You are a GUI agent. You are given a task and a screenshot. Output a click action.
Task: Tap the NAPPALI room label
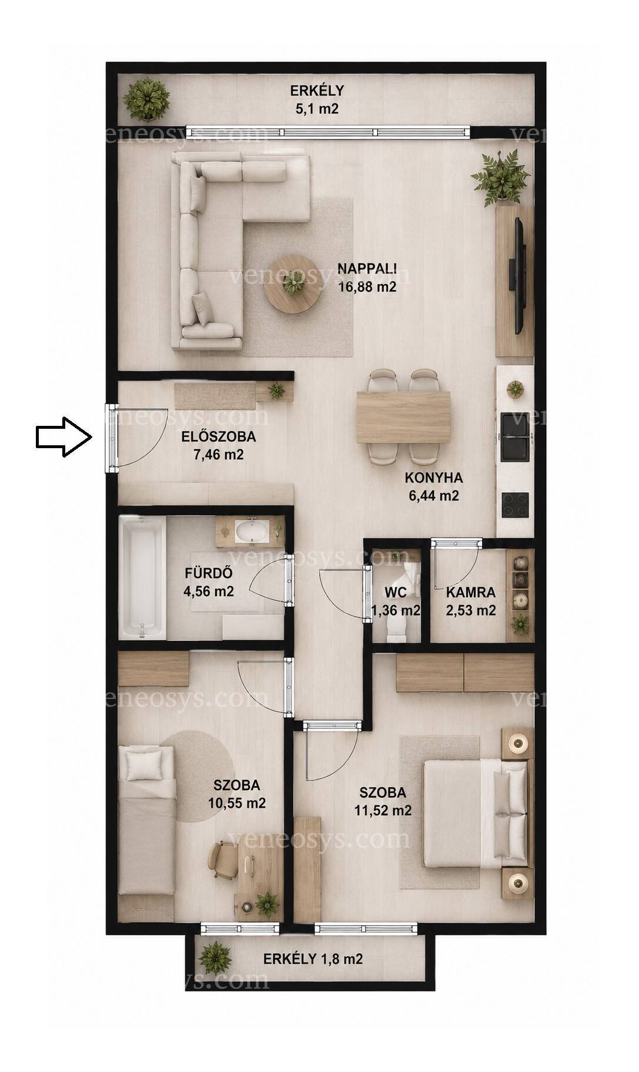coord(367,268)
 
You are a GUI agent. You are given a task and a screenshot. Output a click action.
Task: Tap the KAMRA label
coord(471,593)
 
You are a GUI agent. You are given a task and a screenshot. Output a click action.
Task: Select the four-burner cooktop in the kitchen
coord(515,505)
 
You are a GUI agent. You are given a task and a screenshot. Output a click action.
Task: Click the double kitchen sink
coord(516,438)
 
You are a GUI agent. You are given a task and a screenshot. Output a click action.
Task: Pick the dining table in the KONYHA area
coord(403,417)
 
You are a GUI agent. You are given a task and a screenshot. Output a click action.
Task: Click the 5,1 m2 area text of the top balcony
coord(317,109)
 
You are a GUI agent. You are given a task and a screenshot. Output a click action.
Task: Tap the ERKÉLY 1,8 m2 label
coord(313,959)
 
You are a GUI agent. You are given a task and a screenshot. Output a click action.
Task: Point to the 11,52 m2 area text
coord(383,811)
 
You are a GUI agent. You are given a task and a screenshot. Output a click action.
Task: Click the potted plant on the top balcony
coord(147,98)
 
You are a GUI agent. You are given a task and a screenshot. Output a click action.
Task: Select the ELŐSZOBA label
coord(218,437)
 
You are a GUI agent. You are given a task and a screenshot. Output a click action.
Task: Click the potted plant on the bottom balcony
coord(215,958)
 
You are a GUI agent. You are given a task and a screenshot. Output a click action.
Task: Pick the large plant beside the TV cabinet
coord(500,176)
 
